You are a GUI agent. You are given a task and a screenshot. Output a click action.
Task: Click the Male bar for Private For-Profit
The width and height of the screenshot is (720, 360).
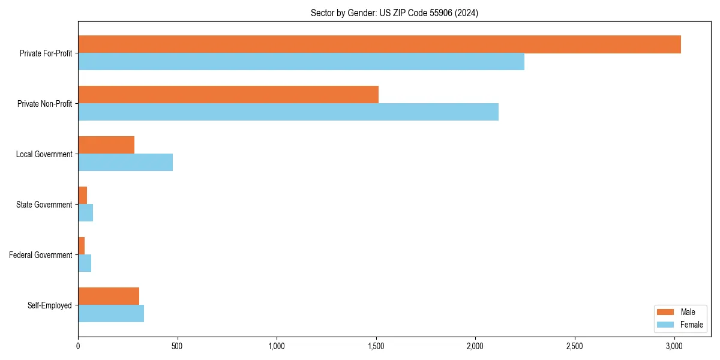click(x=379, y=44)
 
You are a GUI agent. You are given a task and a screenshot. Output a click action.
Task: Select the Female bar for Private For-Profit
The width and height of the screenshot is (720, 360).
click(x=301, y=62)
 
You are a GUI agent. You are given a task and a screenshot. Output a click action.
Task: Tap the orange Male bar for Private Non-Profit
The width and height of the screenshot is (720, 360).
click(x=228, y=95)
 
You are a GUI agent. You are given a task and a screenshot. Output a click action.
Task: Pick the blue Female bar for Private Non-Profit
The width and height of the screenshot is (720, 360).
click(x=288, y=112)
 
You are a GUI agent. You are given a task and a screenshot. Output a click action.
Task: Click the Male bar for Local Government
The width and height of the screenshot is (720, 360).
click(x=106, y=145)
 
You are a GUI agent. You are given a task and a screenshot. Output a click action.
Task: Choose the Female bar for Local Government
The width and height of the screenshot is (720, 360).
click(x=125, y=163)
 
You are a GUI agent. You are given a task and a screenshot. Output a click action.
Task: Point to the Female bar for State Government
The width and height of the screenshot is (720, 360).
click(x=86, y=213)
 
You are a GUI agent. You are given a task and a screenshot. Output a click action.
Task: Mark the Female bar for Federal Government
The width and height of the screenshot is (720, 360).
click(x=85, y=263)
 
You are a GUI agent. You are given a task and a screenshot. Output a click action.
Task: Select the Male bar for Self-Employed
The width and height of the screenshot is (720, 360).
click(x=109, y=296)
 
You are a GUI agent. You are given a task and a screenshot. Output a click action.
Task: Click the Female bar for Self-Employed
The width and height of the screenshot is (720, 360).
click(x=111, y=314)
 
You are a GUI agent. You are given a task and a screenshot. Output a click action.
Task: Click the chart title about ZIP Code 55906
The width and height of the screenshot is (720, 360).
click(x=394, y=13)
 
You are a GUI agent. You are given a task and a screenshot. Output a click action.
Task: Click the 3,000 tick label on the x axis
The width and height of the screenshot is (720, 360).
click(x=674, y=346)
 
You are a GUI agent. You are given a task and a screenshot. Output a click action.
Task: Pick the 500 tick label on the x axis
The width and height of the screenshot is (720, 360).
click(x=178, y=346)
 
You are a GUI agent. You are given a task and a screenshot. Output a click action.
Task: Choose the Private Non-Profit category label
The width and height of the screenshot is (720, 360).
click(x=44, y=104)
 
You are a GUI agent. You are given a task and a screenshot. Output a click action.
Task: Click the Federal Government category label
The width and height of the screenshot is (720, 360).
click(x=41, y=255)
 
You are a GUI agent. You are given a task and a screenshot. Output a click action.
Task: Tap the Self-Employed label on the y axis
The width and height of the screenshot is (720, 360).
click(x=50, y=305)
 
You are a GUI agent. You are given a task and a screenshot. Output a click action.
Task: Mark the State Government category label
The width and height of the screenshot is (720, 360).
click(x=44, y=205)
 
